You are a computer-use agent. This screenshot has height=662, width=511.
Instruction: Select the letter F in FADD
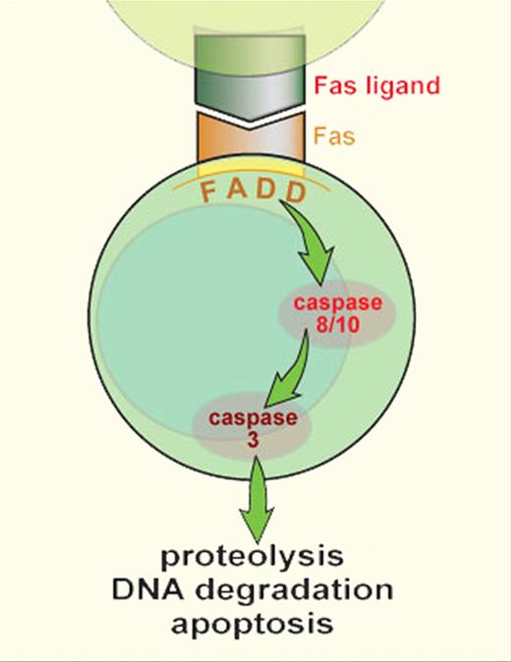[x=209, y=191]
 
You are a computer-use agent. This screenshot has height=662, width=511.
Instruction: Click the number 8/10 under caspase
[x=337, y=323]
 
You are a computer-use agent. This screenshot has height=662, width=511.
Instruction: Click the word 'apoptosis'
[x=255, y=625]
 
